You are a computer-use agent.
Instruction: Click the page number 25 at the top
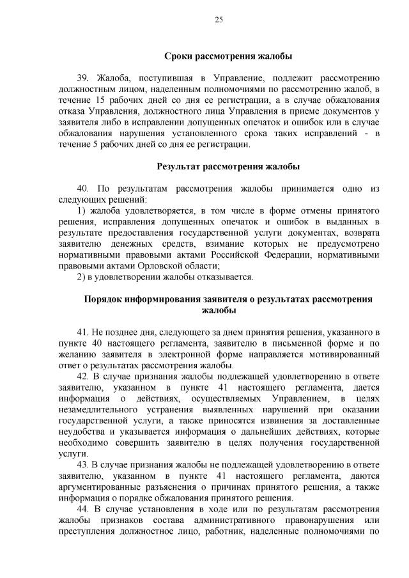click(219, 20)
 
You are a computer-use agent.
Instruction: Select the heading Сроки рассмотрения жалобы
click(219, 56)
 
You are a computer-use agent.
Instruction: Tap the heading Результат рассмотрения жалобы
click(219, 167)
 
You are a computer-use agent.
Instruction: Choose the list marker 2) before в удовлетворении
click(81, 277)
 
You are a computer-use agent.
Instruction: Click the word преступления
click(105, 532)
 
